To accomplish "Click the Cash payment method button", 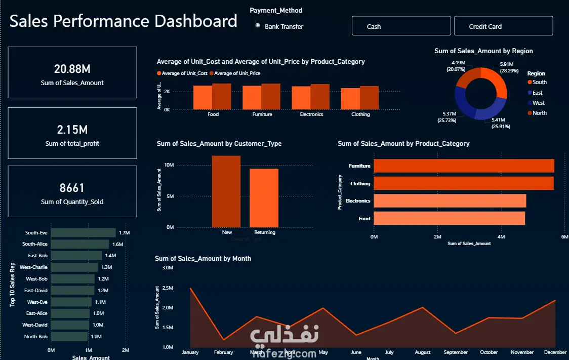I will point(401,26).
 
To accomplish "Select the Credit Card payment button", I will point(503,26).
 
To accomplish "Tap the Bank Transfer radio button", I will point(258,26).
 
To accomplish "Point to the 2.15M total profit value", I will point(72,130).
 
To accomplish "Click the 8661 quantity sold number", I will point(72,188).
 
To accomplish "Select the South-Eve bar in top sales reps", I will point(83,233).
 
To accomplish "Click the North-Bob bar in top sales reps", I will point(69,337).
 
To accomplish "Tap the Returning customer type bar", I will point(264,197).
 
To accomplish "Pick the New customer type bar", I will point(226,191).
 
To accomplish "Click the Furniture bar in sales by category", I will point(464,166).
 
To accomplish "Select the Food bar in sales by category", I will point(449,219).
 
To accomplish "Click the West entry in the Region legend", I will point(538,103).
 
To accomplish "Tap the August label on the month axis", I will point(422,352).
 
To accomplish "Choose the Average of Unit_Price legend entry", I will point(237,73).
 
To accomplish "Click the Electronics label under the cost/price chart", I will point(311,114).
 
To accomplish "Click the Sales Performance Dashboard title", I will point(124,21).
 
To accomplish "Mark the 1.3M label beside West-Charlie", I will point(107,267).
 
